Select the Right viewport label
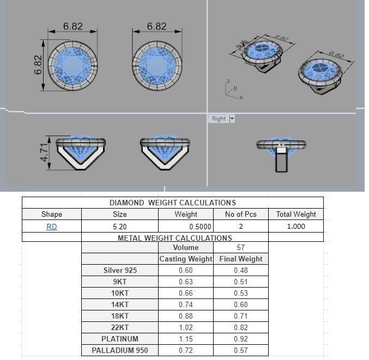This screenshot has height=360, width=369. tap(219, 118)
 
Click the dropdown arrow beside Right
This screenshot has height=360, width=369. tap(232, 118)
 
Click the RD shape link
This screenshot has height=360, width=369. tap(52, 227)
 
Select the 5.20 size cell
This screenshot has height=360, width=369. tap(119, 227)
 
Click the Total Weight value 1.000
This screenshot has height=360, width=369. tap(295, 227)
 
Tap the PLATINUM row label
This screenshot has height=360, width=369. tap(120, 339)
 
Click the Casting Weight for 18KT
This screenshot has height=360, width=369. tap(186, 316)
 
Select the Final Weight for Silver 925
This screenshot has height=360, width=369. tap(240, 270)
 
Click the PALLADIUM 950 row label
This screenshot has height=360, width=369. tap(120, 350)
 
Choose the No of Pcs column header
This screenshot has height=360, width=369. tap(240, 214)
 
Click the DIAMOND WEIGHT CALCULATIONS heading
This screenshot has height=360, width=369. tap(173, 203)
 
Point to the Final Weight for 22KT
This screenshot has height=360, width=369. tap(240, 327)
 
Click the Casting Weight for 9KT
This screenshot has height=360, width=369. tap(186, 282)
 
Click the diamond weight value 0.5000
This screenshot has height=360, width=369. tap(186, 227)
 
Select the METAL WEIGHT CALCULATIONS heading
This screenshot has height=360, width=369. tap(175, 238)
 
